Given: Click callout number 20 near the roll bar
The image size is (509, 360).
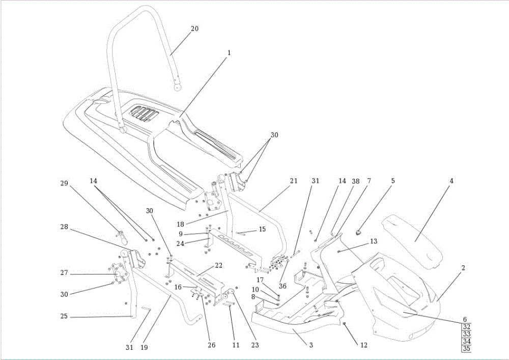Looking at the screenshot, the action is pyautogui.click(x=194, y=29).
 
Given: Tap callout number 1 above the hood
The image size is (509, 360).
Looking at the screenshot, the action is pyautogui.click(x=229, y=52).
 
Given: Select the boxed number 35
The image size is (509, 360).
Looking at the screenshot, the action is pyautogui.click(x=467, y=349).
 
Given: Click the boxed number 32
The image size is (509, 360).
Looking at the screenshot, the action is pyautogui.click(x=467, y=327).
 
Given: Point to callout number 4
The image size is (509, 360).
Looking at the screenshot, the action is pyautogui.click(x=451, y=181).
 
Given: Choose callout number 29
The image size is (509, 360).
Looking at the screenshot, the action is pyautogui.click(x=64, y=183).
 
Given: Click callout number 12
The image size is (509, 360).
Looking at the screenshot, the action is pyautogui.click(x=364, y=345).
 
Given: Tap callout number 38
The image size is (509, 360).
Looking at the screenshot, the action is pyautogui.click(x=356, y=181).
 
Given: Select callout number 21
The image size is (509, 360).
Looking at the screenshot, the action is pyautogui.click(x=294, y=181).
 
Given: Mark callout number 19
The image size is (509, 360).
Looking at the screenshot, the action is pyautogui.click(x=144, y=347).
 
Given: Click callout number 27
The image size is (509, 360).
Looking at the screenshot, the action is pyautogui.click(x=64, y=273).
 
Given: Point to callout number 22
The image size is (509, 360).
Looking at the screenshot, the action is pyautogui.click(x=219, y=265).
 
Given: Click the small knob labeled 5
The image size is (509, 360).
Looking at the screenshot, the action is pyautogui.click(x=359, y=232).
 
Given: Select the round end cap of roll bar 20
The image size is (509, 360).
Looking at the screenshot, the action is pyautogui.click(x=177, y=87).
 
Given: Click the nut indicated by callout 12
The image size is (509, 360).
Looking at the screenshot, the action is pyautogui.click(x=345, y=324).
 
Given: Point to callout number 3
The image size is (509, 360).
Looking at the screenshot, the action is pyautogui.click(x=311, y=345).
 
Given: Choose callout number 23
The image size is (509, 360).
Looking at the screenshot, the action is pyautogui.click(x=255, y=345).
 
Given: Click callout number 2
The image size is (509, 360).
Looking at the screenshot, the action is pyautogui.click(x=463, y=268).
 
